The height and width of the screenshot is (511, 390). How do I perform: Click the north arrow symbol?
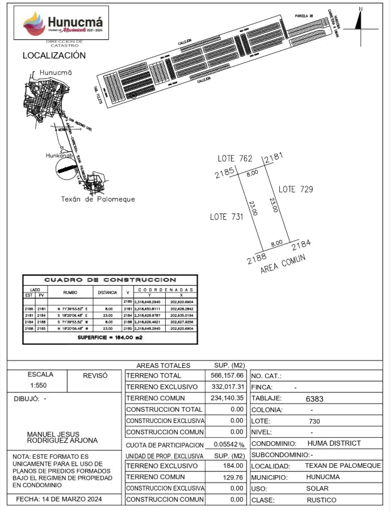click(359, 20)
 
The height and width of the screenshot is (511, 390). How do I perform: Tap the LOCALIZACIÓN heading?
click(54, 56)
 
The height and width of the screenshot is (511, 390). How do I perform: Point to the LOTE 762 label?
click(235, 159)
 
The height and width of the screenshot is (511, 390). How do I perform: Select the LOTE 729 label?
click(295, 189)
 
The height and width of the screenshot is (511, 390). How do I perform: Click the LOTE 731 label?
click(227, 216)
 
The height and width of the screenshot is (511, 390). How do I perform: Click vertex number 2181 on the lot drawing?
click(274, 157)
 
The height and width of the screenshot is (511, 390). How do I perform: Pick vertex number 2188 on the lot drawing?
click(257, 259)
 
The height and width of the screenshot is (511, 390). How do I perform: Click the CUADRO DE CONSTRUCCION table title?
click(110, 280)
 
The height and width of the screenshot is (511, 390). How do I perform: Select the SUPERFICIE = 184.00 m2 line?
click(110, 337)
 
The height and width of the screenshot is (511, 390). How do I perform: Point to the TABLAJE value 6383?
click(314, 399)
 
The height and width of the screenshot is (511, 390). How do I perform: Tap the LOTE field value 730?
click(314, 421)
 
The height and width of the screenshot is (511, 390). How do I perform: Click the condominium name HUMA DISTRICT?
click(334, 443)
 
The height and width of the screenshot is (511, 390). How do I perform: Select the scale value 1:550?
click(40, 386)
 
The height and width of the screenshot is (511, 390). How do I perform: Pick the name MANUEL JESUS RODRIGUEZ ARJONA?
click(62, 437)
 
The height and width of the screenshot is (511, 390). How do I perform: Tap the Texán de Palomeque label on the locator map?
click(98, 199)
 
